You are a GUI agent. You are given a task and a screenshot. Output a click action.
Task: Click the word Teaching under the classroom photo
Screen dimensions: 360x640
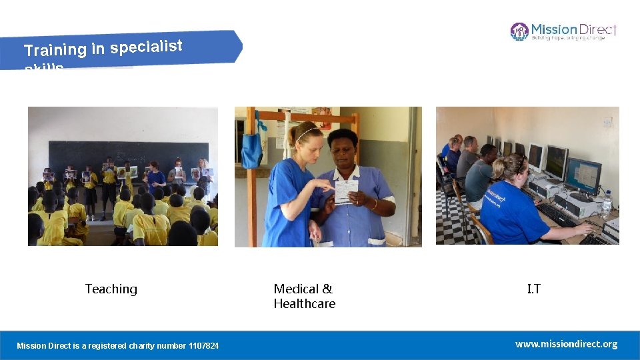(111, 289)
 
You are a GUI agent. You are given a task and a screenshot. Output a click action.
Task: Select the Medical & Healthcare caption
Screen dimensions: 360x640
(304, 296)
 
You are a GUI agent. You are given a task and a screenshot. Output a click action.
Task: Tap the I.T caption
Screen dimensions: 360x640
(533, 289)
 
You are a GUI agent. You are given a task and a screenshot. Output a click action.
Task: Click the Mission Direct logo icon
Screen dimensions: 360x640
(519, 31)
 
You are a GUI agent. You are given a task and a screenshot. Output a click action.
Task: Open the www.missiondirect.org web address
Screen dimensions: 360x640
(566, 344)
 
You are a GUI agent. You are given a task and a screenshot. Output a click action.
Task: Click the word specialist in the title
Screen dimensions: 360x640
(146, 47)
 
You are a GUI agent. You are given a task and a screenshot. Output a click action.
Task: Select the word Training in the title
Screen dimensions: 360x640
(55, 49)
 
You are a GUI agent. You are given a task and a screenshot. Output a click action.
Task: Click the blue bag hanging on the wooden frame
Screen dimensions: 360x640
(251, 150)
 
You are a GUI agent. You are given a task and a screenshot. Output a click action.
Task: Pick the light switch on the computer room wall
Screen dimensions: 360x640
(607, 123)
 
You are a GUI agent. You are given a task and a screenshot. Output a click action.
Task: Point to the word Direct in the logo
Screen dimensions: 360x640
(597, 29)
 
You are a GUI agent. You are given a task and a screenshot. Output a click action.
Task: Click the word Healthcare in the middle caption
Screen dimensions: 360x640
(304, 304)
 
